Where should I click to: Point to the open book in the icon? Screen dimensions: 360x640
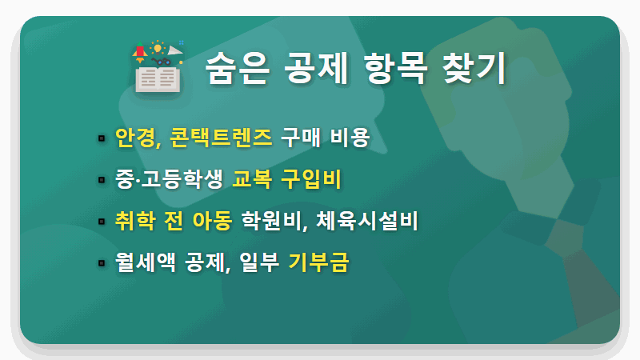[157, 78]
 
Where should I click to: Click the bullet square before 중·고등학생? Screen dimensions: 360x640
[102, 179]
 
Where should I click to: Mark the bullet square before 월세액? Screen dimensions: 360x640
[102, 262]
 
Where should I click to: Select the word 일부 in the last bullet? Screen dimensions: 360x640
[258, 262]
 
